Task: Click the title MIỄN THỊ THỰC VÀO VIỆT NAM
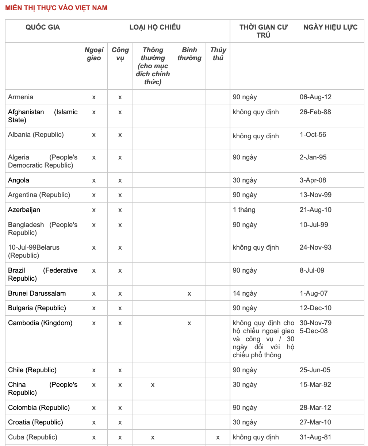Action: [56, 8]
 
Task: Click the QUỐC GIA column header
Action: [43, 27]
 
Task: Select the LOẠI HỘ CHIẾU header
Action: [155, 27]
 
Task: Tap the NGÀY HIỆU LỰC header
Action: [330, 27]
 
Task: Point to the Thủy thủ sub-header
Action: [218, 54]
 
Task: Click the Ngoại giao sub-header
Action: [94, 54]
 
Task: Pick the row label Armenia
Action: [21, 97]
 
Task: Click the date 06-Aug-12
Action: [315, 97]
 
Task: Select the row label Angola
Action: [19, 180]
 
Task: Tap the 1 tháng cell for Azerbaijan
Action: [244, 210]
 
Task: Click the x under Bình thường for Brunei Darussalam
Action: [189, 293]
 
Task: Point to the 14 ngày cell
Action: [245, 293]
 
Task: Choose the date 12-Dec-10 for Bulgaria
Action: [315, 308]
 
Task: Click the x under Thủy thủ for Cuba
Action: [218, 437]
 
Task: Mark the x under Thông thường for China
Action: [153, 385]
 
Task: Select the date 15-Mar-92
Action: [315, 385]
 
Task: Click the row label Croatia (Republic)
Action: [35, 422]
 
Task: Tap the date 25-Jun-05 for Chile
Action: [315, 370]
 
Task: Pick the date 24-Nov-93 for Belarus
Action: [315, 247]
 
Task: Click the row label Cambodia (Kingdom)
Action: [40, 323]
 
